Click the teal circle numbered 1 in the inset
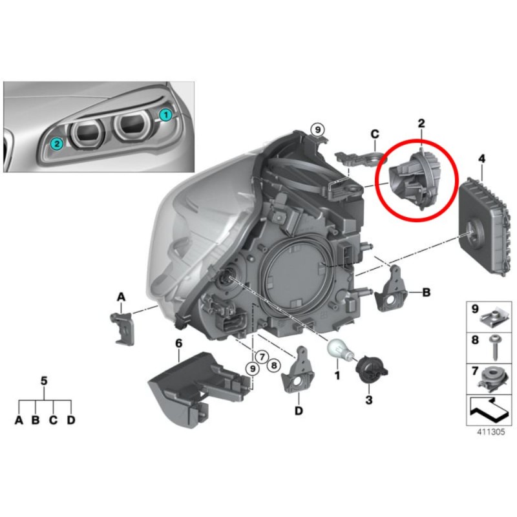coord(165,115)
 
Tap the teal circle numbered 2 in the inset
coord(57,143)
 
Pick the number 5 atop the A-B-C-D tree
coord(45,381)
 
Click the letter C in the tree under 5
coord(54,420)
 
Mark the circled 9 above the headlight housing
coord(317,129)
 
